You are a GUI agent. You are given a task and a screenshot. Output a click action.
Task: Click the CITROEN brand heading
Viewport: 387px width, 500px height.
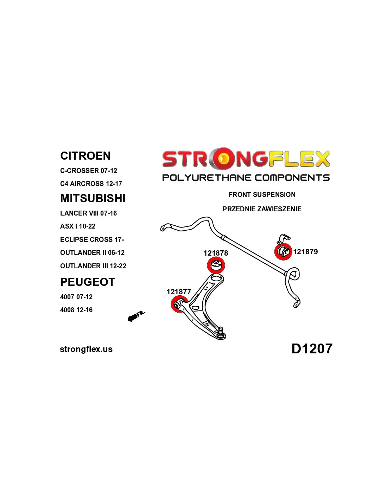coord(85,156)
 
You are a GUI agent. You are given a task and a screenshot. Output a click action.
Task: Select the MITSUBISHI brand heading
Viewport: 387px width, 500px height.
coord(93,198)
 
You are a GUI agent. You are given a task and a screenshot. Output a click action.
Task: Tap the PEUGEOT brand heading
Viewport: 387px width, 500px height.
coord(88,282)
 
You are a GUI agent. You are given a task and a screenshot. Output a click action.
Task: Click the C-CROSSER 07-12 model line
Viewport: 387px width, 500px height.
coord(89,171)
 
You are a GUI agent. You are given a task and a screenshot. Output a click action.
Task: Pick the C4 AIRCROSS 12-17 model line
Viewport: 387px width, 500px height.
coord(91,184)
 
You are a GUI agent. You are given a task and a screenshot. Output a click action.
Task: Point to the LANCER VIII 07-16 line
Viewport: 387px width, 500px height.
coord(88,213)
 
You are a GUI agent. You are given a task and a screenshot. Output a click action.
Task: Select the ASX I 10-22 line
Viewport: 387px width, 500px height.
coord(78,226)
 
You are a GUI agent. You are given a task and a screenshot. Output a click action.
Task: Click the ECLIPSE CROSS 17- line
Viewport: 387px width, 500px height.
coord(92,239)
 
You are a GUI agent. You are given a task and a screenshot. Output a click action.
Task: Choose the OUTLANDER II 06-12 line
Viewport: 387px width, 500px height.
coord(92,253)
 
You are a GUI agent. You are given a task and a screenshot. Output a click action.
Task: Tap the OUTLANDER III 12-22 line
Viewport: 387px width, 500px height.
coord(93,266)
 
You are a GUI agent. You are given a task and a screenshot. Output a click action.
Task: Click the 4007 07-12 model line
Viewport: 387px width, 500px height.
coord(76,297)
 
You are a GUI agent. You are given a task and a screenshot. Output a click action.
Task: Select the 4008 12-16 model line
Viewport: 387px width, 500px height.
coord(76,310)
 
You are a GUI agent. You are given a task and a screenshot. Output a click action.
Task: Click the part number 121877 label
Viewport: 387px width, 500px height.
coord(179,292)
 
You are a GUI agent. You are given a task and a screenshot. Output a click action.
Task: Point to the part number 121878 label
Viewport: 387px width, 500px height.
coord(216,253)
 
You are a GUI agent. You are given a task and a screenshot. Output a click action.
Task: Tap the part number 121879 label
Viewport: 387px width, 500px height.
coord(305,252)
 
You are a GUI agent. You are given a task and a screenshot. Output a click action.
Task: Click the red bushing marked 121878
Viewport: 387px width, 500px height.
coord(216,265)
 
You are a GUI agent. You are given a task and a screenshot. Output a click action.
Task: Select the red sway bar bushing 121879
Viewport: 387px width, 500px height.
coord(283,251)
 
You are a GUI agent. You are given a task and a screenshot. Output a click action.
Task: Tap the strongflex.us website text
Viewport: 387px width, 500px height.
coord(86,349)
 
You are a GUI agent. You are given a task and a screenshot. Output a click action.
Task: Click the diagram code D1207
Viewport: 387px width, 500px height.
coord(312,349)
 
